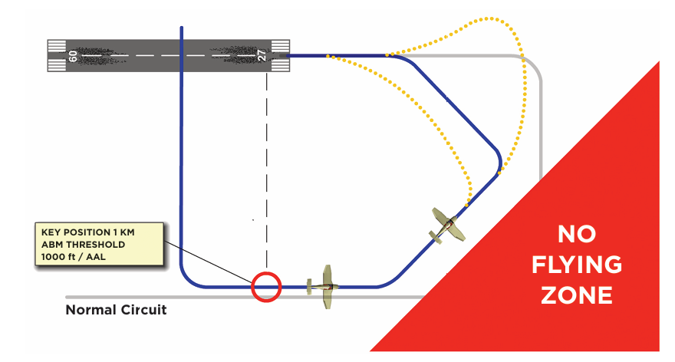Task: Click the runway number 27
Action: coord(264,55)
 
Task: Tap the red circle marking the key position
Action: coord(266,288)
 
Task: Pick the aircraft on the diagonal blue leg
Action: coord(444,225)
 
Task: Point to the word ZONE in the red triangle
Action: coord(578,295)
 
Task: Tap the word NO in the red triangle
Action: coord(577,235)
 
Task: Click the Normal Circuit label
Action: coord(116,311)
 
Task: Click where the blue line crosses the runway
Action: coord(181,55)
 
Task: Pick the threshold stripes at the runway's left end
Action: coord(56,55)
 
